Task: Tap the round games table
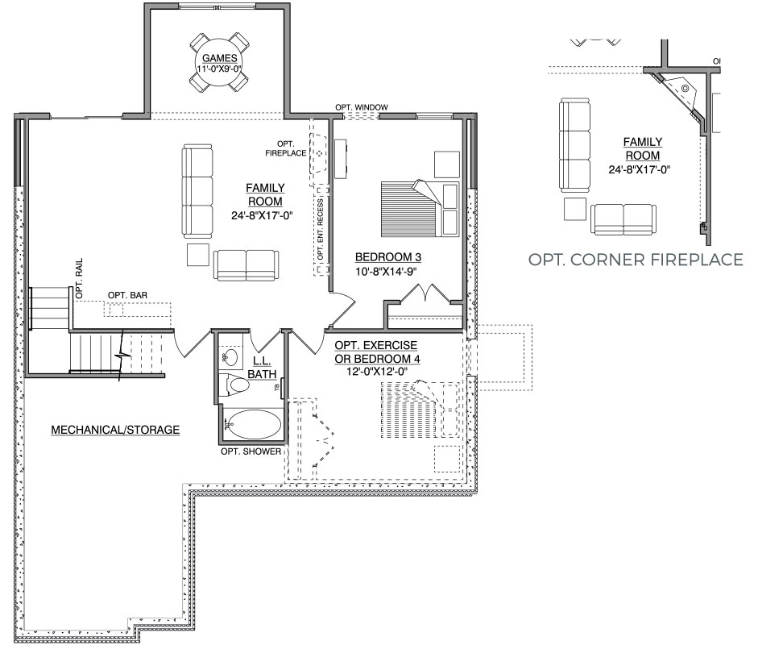click(219, 63)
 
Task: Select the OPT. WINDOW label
click(362, 107)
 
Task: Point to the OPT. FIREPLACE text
click(286, 148)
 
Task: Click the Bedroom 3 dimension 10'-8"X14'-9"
click(387, 272)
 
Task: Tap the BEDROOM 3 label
click(387, 257)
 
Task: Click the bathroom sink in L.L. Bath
click(232, 358)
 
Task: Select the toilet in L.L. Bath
click(234, 385)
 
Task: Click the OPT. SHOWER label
click(251, 451)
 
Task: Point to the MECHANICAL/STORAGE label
click(115, 430)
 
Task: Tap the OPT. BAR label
click(127, 295)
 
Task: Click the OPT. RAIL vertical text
click(79, 278)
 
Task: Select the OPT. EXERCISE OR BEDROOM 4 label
click(377, 352)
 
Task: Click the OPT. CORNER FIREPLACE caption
click(636, 260)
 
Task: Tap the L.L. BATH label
click(262, 368)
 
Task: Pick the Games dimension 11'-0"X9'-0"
click(219, 69)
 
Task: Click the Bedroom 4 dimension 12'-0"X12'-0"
click(377, 372)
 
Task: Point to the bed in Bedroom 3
click(420, 209)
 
